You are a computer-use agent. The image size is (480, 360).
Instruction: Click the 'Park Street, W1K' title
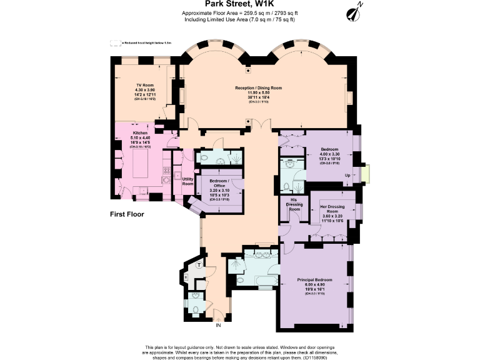240,4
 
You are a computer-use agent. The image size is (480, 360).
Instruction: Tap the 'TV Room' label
145,85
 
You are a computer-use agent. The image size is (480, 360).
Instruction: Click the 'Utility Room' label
187,181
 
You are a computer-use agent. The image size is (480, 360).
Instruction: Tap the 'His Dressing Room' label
297,204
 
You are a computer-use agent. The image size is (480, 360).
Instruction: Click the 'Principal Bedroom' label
315,281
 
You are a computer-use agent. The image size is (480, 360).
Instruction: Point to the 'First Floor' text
126,214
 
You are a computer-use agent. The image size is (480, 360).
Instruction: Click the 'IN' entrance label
218,325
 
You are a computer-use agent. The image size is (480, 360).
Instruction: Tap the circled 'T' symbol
199,265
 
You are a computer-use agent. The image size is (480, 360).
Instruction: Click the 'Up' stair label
347,176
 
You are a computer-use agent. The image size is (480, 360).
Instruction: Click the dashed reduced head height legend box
115,43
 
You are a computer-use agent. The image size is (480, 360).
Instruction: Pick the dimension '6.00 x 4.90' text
315,286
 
